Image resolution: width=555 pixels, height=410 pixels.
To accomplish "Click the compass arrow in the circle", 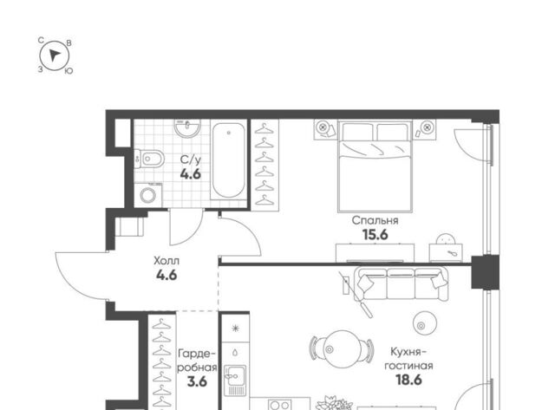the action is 54,55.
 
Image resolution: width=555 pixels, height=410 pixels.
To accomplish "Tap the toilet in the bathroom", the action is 149,159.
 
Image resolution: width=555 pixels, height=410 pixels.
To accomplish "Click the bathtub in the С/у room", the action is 229,159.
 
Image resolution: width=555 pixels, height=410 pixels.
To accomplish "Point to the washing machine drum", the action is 147,195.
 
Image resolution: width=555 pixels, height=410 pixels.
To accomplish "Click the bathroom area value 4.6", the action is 191,174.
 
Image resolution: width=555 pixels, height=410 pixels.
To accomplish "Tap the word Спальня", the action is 375,221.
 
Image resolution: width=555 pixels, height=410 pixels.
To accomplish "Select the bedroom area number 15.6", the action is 375,235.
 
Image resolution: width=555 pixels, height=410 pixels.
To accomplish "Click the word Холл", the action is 166,261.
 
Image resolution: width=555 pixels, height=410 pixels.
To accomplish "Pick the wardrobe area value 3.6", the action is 197,382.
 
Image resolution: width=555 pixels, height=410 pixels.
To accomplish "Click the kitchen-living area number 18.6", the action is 408,380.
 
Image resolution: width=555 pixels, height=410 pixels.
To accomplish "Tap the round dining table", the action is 342,348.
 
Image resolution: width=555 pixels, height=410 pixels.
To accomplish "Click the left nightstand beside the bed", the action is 325,129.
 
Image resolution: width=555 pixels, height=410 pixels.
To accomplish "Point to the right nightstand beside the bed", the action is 425,129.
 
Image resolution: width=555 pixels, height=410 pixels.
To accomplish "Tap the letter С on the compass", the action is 41,41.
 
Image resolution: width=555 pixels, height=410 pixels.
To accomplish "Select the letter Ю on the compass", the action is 69,71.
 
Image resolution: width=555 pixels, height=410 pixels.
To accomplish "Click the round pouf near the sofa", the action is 424,323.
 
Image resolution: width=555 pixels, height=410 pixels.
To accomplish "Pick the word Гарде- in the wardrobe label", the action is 197,354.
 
